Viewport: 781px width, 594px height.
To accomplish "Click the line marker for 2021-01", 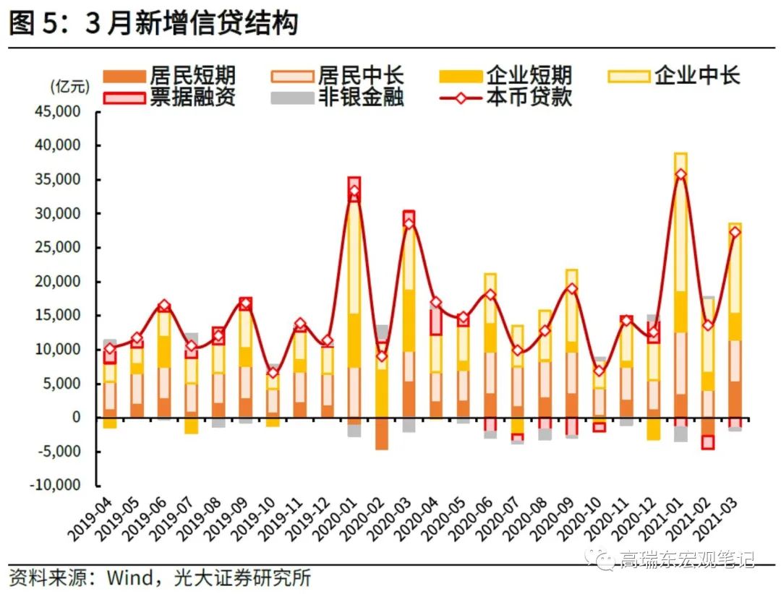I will (x=680, y=174).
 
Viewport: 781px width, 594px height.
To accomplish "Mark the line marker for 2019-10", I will (x=272, y=373).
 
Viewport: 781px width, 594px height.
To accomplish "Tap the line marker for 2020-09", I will (x=571, y=288).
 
